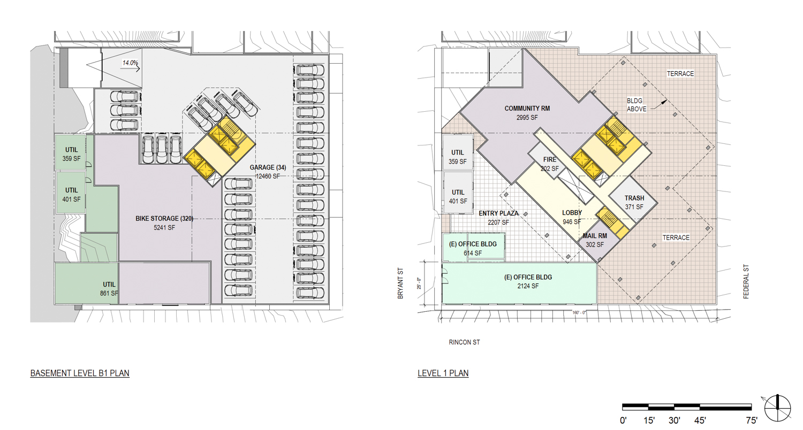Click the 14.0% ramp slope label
(130, 63)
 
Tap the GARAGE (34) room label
(268, 167)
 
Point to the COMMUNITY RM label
(527, 108)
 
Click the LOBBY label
(572, 212)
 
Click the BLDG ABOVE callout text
(639, 104)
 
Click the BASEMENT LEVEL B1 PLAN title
(80, 373)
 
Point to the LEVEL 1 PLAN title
(443, 373)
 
